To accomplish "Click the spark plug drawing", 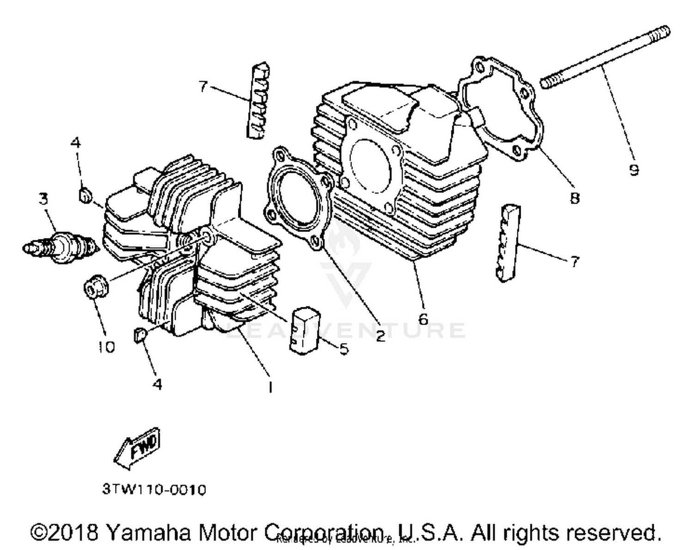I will pos(60,247).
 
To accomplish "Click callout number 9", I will pos(634,170).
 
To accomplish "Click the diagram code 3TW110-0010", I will pos(154,489).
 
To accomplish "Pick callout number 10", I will pos(106,347).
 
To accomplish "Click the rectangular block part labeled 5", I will pos(304,330).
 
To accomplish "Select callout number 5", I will pos(344,349).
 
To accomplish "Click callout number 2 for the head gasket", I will pos(380,336).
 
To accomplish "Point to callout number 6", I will pos(423,319).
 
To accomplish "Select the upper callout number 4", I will pos(76,143).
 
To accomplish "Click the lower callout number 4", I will pos(158,384).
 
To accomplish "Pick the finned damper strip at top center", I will pos(258,100).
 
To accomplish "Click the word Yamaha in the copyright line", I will pos(148,532).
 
